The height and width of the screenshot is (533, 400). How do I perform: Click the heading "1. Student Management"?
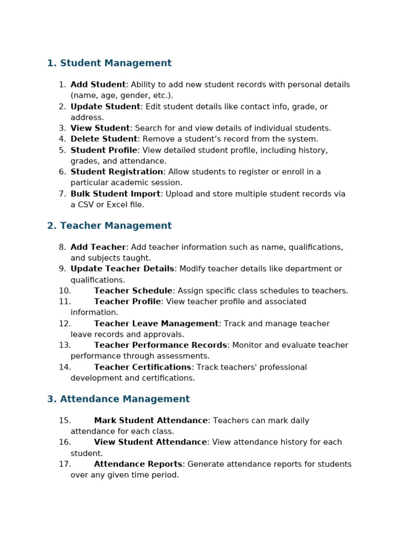tap(109, 63)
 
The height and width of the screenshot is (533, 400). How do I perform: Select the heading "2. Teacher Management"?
tap(109, 225)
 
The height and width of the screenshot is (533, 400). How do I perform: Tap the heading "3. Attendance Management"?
tap(118, 399)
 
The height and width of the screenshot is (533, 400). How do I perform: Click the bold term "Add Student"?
tap(98, 84)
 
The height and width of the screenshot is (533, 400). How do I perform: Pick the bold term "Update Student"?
tap(105, 106)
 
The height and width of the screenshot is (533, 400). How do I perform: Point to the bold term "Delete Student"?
tap(104, 139)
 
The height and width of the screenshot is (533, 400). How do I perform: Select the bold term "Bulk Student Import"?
tap(115, 194)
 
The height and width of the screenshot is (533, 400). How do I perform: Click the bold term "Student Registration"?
tap(117, 172)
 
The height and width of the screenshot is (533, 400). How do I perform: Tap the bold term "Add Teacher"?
tap(98, 247)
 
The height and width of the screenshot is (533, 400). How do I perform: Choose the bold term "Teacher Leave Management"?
tap(156, 323)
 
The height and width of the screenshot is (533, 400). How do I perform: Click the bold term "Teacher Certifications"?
tap(143, 367)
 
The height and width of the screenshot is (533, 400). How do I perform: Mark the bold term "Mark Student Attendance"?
tap(151, 421)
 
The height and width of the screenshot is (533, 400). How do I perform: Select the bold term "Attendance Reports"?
tap(138, 464)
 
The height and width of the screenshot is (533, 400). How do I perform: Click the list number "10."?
tap(65, 290)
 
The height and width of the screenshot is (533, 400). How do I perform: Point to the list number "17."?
tap(65, 464)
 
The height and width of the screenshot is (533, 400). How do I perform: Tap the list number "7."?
tap(63, 194)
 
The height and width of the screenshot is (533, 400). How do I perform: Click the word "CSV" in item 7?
tap(87, 205)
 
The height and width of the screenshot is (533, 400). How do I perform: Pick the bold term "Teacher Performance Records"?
tap(160, 345)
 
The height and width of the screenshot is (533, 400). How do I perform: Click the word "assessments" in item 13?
tap(185, 356)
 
